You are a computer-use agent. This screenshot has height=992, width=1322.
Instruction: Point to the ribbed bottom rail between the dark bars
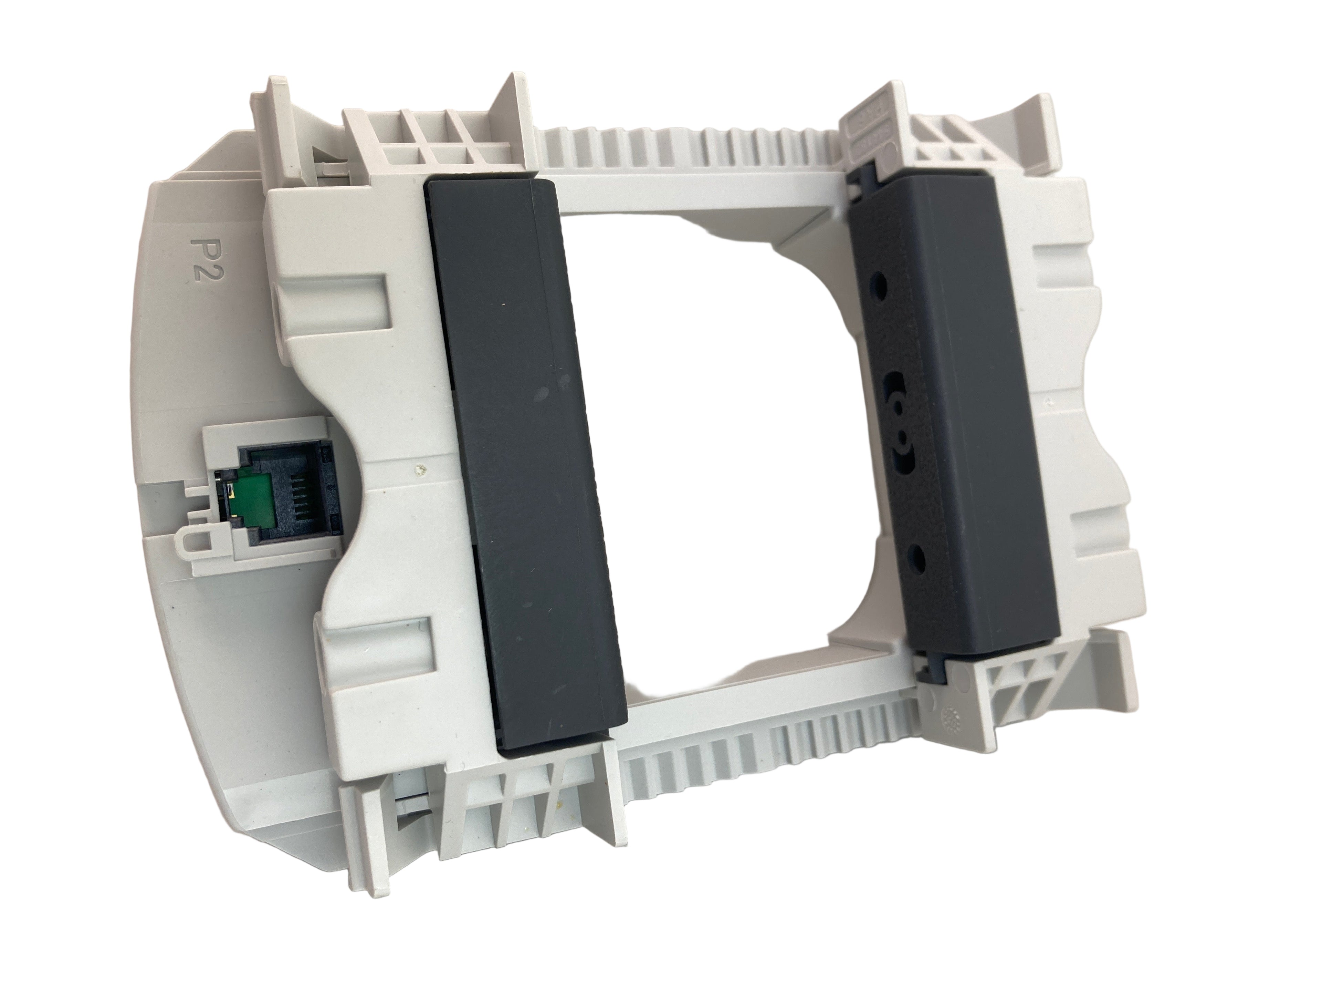(765, 738)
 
